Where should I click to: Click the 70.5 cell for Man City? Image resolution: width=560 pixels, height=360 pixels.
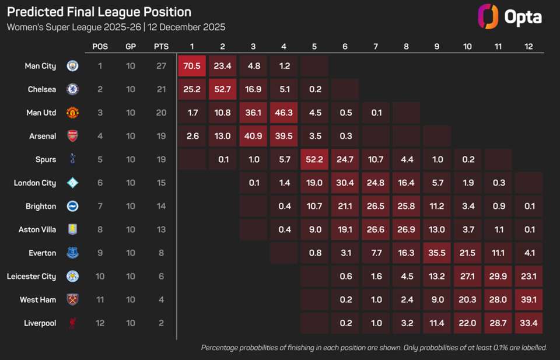coord(192,66)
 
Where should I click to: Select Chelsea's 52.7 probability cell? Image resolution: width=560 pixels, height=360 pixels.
coord(223,89)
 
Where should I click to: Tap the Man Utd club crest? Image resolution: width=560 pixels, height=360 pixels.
coord(72,113)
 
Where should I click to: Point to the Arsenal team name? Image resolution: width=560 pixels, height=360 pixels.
coord(43,136)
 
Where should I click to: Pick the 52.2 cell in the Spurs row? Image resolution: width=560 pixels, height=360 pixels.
coord(314,159)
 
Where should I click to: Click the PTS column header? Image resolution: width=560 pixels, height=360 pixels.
coord(161,47)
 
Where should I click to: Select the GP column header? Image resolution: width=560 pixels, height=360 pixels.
coord(131,47)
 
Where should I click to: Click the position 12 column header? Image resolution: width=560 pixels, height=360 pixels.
coord(528,47)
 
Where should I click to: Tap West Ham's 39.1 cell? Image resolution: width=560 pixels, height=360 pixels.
coord(528,299)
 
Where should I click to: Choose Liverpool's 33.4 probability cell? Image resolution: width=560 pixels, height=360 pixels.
coord(528,323)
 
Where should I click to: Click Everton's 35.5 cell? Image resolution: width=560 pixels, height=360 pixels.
coord(436,253)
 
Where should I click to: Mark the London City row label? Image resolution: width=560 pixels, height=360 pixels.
coord(35,183)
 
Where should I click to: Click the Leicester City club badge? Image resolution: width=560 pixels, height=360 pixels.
coord(72,276)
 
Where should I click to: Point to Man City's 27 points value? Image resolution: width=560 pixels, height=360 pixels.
coord(161,66)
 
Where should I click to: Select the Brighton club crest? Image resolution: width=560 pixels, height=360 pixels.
coord(72,206)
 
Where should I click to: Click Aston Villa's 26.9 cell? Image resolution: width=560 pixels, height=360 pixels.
coord(406,229)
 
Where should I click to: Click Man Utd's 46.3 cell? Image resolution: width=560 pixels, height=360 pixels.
coord(284,113)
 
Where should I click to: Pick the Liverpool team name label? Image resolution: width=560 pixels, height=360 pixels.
coord(40,323)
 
